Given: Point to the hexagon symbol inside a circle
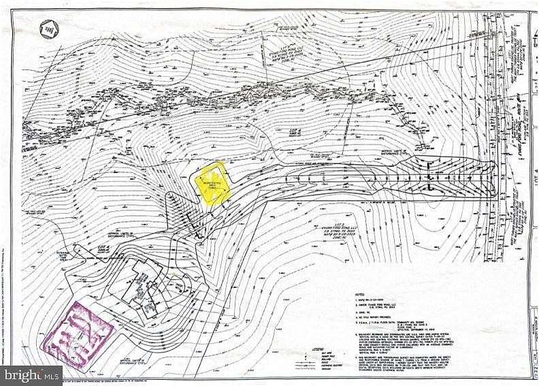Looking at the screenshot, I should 48,29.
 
